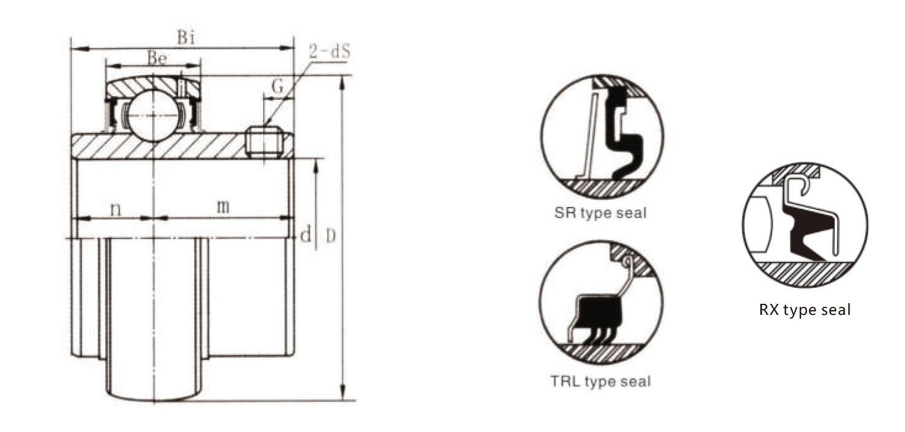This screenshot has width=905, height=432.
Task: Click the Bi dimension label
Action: point(186,38)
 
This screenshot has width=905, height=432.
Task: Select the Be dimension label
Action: point(157,58)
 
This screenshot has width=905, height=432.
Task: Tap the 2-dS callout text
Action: point(330,51)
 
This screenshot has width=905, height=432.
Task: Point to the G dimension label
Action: point(278,86)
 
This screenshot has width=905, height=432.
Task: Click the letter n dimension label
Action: point(116,209)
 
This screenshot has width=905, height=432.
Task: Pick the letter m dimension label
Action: point(223,206)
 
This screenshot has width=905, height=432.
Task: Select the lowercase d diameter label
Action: point(306,234)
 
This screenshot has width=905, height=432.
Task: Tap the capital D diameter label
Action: point(331,237)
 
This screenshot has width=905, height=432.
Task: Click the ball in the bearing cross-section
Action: point(153,116)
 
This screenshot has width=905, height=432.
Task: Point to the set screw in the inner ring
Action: point(264,142)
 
